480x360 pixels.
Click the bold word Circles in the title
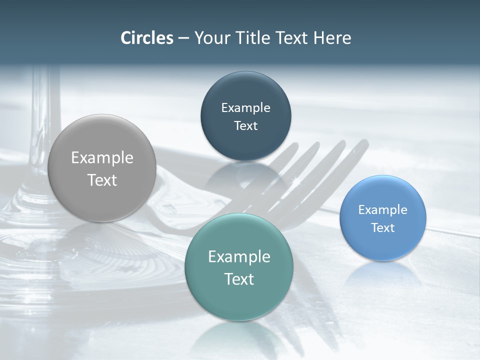(146, 38)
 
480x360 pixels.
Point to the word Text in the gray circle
(102, 180)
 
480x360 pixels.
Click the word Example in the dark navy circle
(245, 107)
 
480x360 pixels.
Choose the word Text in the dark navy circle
(245, 125)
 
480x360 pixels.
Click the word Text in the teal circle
(239, 278)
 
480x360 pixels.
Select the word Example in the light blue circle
(382, 209)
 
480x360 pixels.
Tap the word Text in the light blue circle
(382, 227)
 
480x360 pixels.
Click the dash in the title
(183, 38)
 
